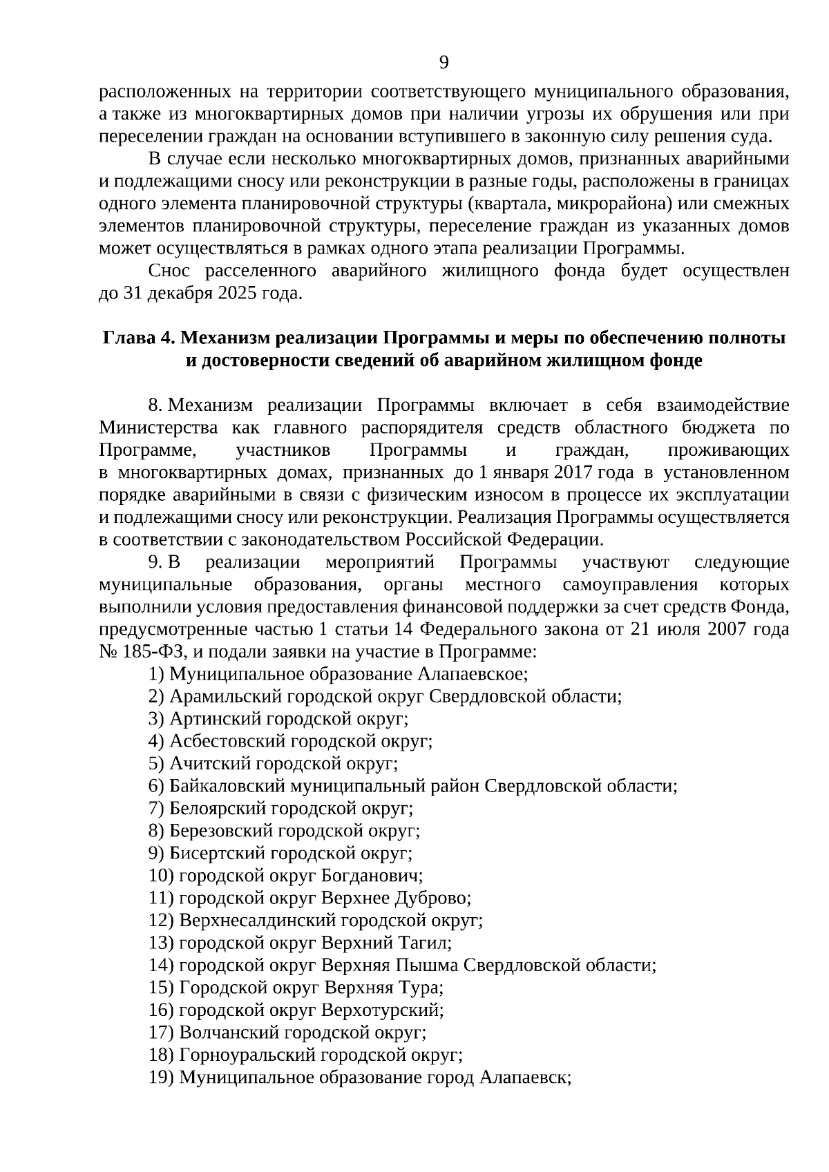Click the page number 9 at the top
[x=444, y=64]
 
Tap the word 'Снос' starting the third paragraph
[x=169, y=271]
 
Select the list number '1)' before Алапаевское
[x=156, y=674]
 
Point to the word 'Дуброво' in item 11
[x=432, y=899]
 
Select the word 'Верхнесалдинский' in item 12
[x=257, y=921]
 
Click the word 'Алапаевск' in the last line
[x=524, y=1078]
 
